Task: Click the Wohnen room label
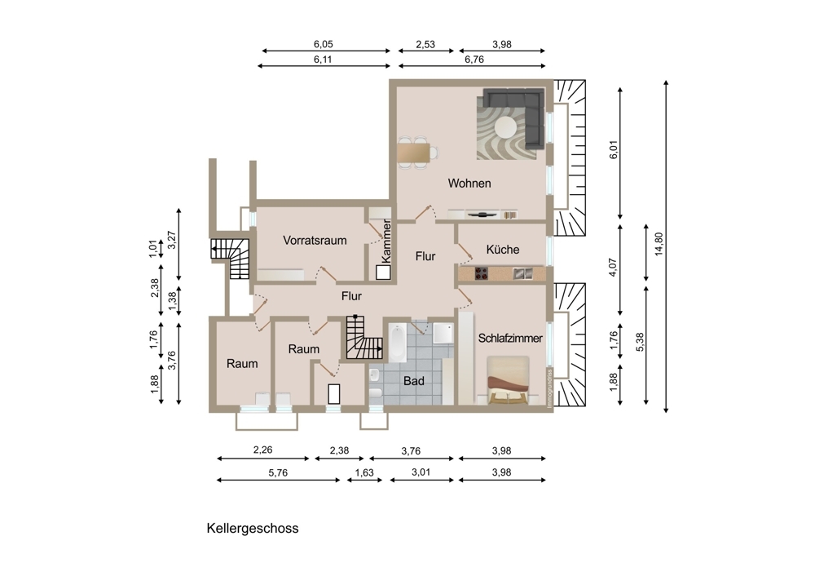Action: tap(469, 183)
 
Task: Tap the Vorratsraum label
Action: tap(315, 241)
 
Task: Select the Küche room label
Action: tap(503, 249)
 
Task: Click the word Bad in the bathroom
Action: tap(414, 381)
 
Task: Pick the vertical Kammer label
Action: tap(385, 241)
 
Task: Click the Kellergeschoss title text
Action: tap(253, 528)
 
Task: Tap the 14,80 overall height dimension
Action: tap(659, 243)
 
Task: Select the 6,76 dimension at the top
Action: tap(474, 60)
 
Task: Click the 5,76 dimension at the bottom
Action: tap(278, 473)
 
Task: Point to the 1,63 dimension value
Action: tap(364, 473)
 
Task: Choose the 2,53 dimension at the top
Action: tap(425, 45)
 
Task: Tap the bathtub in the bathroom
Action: tap(398, 343)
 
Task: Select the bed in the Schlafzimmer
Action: tap(508, 380)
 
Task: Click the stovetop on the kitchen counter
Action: tap(482, 273)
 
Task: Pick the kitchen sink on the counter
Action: tap(522, 273)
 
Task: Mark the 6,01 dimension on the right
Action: tap(614, 149)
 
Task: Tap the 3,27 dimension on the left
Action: tap(173, 240)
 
